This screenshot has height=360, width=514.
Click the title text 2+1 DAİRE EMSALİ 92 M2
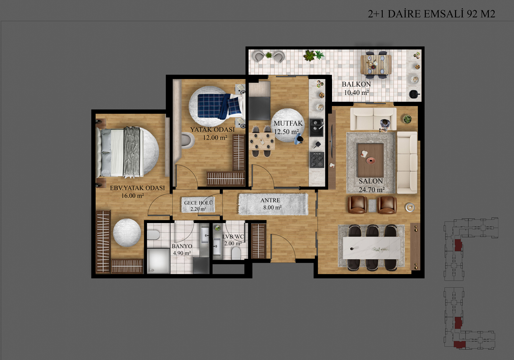coord(431,14)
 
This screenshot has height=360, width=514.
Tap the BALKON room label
coord(356,84)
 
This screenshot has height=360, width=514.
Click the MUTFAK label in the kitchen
coord(288,123)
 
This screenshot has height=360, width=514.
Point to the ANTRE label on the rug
coord(270,200)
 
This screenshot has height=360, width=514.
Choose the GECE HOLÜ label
coord(199,203)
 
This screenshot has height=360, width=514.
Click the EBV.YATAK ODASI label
coord(138,188)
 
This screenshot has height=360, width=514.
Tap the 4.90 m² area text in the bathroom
coord(182,253)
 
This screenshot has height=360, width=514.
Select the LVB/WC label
coord(233,236)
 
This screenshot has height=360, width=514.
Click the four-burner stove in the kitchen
coord(317,160)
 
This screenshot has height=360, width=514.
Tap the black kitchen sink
coord(316,127)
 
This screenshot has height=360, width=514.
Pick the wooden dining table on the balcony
coord(376,65)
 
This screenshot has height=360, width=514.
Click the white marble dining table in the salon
coord(372,248)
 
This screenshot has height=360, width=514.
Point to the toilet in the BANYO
coord(153,235)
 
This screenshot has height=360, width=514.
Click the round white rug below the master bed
coord(127,233)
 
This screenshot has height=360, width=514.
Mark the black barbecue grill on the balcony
coord(414,94)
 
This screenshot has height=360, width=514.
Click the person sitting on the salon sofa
coord(385,125)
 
